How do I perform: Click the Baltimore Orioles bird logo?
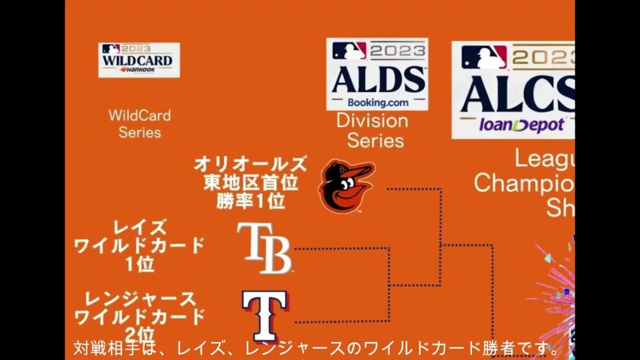coord(346,187)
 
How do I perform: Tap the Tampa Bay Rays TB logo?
coord(264,248)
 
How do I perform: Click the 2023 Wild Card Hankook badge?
coord(139,60)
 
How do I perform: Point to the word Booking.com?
coord(377,102)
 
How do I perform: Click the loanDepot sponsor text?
coord(522,125)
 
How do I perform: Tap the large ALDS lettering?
coord(377,80)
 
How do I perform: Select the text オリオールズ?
coord(251,164)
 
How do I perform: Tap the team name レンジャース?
coord(140,299)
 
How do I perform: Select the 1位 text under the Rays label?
coord(139,265)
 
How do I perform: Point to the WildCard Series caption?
coord(139,124)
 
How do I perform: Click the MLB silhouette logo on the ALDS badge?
coord(349,51)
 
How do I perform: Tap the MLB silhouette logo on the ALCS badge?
coord(484,57)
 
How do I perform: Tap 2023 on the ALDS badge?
coord(397,51)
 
